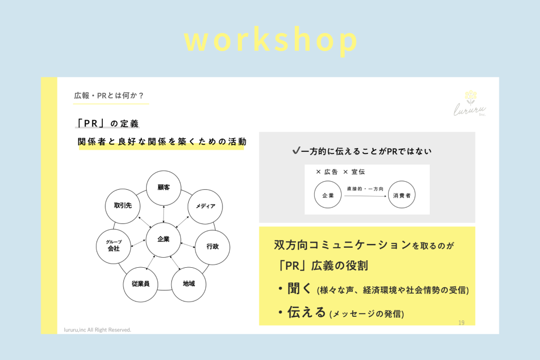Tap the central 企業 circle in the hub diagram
pos(163,239)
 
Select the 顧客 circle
pos(163,188)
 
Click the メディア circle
pos(205,206)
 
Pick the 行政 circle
pos(213,246)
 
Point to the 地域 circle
pos(189,284)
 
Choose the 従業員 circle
pos(141,284)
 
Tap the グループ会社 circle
pos(114,246)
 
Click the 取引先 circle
pos(122,206)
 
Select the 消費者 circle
pos(402,196)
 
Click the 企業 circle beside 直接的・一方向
pos(328,196)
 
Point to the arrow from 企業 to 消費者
pos(365,196)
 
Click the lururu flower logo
pos(470,96)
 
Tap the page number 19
pos(461,323)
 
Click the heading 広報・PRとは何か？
pos(109,95)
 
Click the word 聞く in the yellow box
pos(300,288)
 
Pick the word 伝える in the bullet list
pos(306,312)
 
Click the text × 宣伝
pos(354,172)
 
